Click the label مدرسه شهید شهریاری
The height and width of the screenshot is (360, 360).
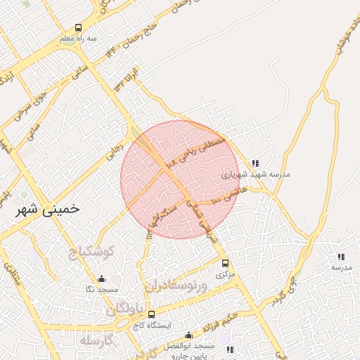click(256, 174)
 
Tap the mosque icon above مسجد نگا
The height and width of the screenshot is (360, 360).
click(101, 278)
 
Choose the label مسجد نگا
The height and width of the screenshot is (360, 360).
click(102, 290)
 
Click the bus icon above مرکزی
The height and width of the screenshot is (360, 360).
click(225, 263)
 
